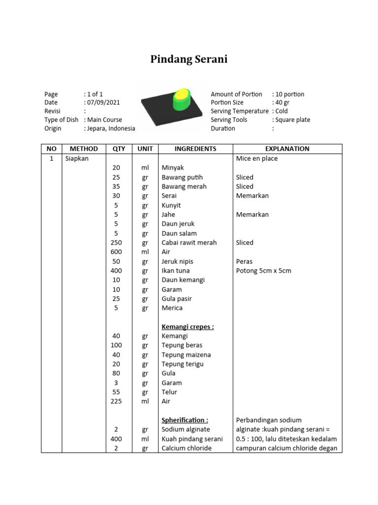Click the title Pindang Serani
pos(189,60)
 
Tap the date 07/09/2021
pos(103,103)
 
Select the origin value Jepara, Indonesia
pos(111,128)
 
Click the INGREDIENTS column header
pos(195,148)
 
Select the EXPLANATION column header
pos(287,148)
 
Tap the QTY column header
pos(119,148)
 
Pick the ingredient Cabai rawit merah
pos(189,243)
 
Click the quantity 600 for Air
pos(116,252)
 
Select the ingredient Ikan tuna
pos(176,271)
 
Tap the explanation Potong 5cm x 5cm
pos(263,271)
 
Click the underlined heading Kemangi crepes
pos(188,326)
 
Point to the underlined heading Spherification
pos(185,420)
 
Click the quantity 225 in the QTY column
pos(116,401)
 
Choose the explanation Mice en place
pos(257,158)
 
